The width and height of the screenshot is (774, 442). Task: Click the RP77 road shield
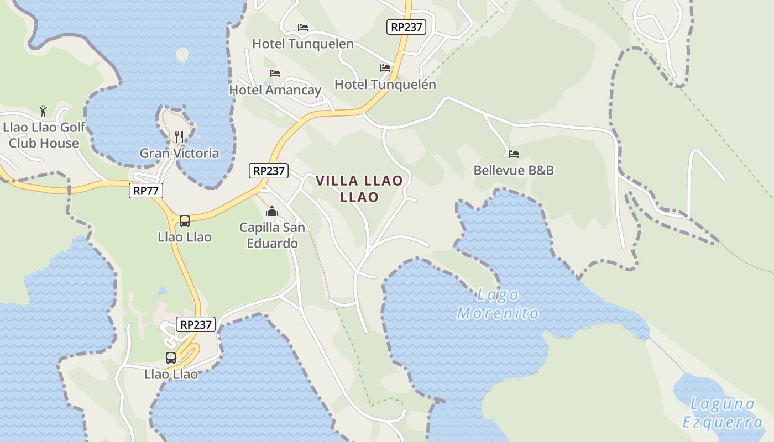[x=146, y=191]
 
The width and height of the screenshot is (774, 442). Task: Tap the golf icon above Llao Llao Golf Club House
[x=43, y=111]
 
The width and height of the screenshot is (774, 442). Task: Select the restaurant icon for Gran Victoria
[x=179, y=136]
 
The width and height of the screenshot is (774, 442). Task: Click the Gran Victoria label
[x=179, y=153]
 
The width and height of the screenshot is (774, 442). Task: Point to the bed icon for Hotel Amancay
[x=275, y=73]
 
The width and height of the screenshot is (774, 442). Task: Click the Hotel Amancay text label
[x=275, y=90]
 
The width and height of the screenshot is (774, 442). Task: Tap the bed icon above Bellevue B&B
[x=514, y=154]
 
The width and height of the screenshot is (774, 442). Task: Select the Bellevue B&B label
[x=514, y=170]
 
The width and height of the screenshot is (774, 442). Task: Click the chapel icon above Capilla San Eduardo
[x=271, y=211]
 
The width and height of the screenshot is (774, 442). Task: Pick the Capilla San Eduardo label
[x=272, y=235]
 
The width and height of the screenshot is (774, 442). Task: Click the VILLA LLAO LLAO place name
[x=359, y=188]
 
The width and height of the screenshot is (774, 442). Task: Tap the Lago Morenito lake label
[x=498, y=304]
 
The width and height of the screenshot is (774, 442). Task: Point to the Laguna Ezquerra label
[x=723, y=413]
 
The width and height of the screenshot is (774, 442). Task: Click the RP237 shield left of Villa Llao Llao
[x=269, y=171]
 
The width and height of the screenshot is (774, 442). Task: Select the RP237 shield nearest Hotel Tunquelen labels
[x=406, y=27]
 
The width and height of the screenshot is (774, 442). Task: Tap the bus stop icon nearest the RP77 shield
[x=185, y=221]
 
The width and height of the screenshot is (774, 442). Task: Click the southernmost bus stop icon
[x=171, y=358]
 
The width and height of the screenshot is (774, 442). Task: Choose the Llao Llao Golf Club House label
[x=44, y=135]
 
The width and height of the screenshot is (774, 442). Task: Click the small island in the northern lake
[x=182, y=54]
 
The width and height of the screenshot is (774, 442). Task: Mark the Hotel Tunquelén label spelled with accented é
[x=385, y=85]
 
